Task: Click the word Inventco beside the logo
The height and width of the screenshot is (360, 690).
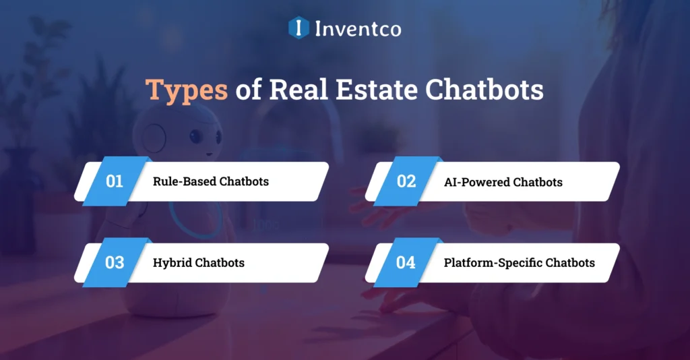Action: pyautogui.click(x=358, y=28)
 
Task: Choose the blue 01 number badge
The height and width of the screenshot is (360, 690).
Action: pyautogui.click(x=115, y=181)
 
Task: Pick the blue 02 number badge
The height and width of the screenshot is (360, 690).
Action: pyautogui.click(x=406, y=181)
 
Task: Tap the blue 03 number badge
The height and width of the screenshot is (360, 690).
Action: pyautogui.click(x=115, y=262)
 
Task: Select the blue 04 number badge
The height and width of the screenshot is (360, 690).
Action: pyautogui.click(x=406, y=262)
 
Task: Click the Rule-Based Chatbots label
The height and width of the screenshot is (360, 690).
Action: pyautogui.click(x=211, y=182)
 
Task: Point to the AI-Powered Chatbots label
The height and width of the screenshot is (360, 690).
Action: pyautogui.click(x=503, y=182)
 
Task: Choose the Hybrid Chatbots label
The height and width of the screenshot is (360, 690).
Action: pyautogui.click(x=199, y=263)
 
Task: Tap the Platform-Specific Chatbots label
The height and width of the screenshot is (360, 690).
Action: pyautogui.click(x=519, y=263)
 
